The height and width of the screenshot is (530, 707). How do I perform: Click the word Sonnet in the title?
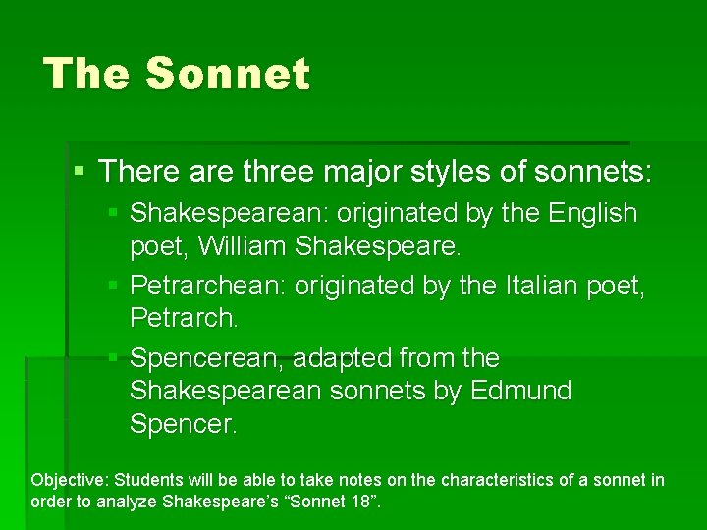pos(227,75)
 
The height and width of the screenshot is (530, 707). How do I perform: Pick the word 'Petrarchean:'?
pos(203,286)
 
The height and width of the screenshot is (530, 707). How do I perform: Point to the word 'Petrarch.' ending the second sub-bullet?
pos(184,319)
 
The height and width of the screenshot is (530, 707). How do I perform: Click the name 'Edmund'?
pos(520,391)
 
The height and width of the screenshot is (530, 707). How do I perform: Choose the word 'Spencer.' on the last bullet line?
pos(183,424)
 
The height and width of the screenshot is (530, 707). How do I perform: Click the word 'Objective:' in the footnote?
pos(70,480)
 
